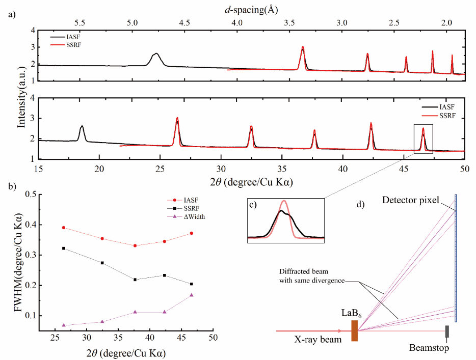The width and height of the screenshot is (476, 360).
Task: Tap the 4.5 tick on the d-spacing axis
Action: [184, 23]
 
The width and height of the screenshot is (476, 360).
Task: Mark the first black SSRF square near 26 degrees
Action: [64, 248]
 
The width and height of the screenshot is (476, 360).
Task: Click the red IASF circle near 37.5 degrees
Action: [135, 246]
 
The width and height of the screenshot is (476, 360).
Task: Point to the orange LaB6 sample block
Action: [355, 330]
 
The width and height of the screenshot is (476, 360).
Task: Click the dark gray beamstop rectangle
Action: [447, 331]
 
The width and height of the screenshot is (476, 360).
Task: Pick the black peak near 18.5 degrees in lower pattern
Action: [82, 126]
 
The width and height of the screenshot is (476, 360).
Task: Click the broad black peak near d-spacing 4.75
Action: [156, 54]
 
